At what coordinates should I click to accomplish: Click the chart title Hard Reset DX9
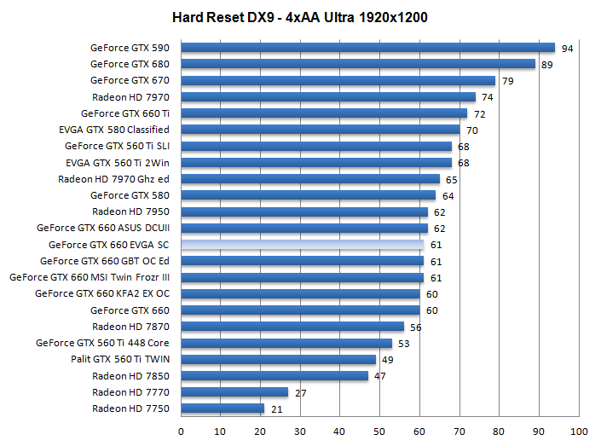coord(301,17)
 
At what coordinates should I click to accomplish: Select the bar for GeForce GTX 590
coord(367,48)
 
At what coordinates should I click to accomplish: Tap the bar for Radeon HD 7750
coord(222,408)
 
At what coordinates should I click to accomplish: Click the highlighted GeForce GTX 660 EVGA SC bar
coord(302,245)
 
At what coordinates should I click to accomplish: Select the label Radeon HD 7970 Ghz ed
coord(113,179)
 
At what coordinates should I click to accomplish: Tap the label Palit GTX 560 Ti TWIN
coord(120,359)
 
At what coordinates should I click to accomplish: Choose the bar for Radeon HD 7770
coord(234,392)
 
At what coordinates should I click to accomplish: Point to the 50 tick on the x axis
coord(379,431)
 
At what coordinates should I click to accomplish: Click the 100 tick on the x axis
coord(579,431)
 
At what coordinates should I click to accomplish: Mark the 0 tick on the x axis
coord(181,431)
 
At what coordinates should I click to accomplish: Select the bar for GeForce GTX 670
coord(338,80)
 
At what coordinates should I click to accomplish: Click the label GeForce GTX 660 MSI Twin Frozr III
coord(90,277)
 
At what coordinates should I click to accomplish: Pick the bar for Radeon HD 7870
coord(292,327)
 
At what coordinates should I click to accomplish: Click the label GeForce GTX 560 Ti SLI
coord(117,146)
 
